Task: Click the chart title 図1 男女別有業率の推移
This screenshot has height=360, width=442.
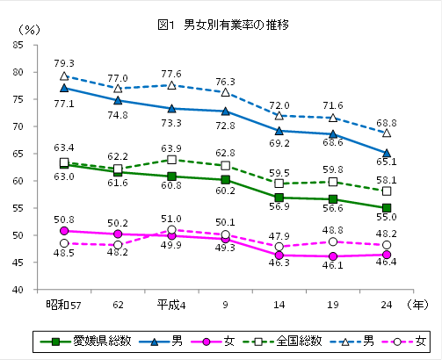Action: click(222, 24)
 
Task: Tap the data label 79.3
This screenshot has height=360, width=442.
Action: click(64, 63)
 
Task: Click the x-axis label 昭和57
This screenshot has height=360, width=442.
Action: click(63, 304)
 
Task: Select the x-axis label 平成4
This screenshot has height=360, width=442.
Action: click(171, 304)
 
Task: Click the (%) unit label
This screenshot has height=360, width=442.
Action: click(30, 30)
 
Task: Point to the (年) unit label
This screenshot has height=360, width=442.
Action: click(421, 304)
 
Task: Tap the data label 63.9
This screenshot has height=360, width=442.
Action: click(171, 148)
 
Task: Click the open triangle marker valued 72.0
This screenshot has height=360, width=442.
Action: click(279, 115)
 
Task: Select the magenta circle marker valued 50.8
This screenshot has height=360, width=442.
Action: click(64, 231)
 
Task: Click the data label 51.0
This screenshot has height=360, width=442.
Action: click(171, 219)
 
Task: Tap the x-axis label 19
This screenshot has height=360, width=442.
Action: click(332, 304)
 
